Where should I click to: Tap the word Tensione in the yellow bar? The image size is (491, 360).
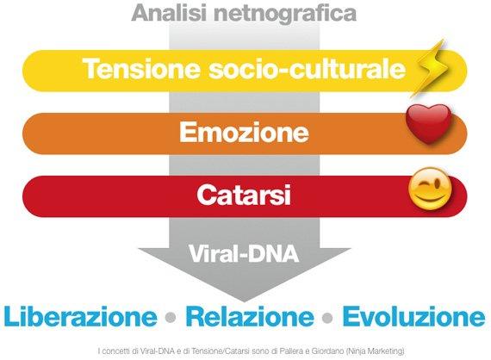tap(141, 69)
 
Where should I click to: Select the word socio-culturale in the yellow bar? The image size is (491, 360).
tap(308, 69)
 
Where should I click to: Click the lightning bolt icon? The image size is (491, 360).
tap(430, 68)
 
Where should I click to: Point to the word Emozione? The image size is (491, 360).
tap(244, 132)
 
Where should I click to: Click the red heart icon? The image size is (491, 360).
tap(429, 123)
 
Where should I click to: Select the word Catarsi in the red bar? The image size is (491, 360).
tap(244, 195)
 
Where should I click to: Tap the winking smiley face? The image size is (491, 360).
tap(430, 189)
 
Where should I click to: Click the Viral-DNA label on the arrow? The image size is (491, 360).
tap(244, 253)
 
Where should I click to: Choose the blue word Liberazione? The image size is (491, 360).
tap(80, 316)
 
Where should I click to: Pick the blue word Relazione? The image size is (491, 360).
tap(250, 316)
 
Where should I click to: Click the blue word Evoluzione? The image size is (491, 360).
tap(413, 316)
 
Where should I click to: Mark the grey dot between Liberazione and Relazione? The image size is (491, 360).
tap(171, 318)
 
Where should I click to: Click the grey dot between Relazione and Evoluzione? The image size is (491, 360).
tap(327, 318)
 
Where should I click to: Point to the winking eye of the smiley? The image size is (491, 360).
tap(438, 184)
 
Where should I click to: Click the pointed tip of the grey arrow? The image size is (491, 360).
tap(245, 301)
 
